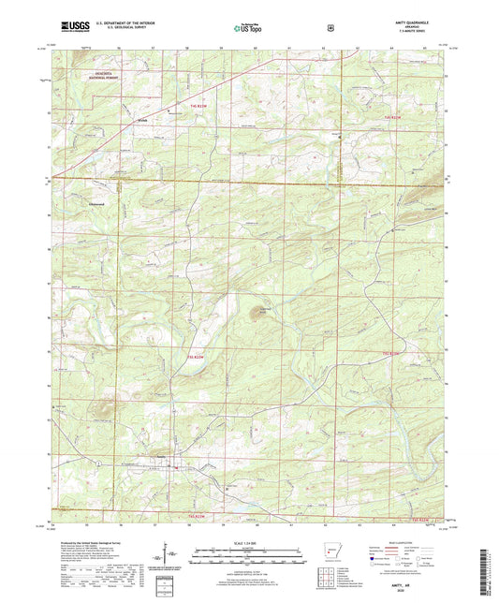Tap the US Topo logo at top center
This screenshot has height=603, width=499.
tap(247, 28)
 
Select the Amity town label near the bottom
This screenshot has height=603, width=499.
tap(160, 458)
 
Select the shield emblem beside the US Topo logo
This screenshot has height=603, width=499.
tap(330, 27)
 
